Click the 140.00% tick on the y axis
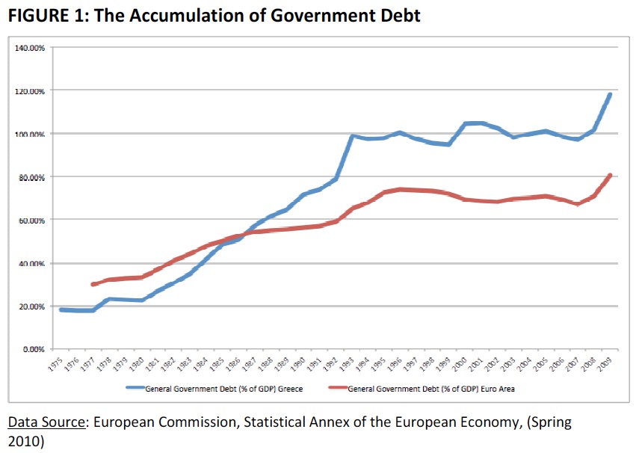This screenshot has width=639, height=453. click(x=30, y=47)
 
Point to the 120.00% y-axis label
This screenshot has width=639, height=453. click(x=30, y=90)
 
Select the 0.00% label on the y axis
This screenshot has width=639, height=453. click(x=33, y=349)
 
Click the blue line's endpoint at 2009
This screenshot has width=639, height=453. click(x=611, y=94)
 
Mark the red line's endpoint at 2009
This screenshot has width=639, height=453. click(x=611, y=175)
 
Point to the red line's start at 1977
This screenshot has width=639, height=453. click(x=93, y=284)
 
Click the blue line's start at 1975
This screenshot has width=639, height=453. click(x=61, y=309)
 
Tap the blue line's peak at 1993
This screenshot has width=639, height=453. click(x=352, y=136)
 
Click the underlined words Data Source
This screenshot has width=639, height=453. click(x=46, y=423)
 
